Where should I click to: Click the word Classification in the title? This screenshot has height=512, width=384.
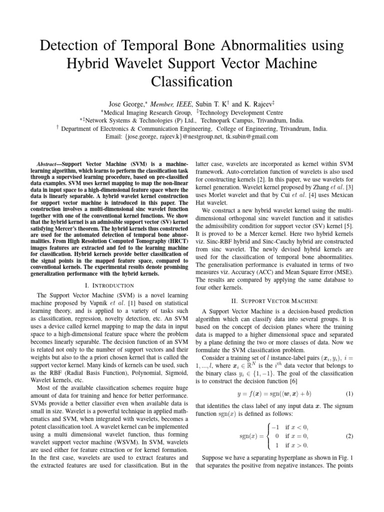tap(191, 81)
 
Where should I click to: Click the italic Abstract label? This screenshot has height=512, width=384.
tap(49, 164)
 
